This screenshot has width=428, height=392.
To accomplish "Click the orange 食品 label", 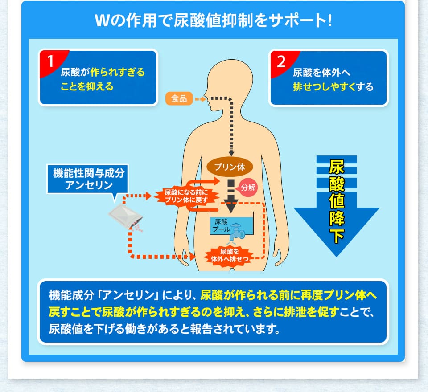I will tap(179, 98).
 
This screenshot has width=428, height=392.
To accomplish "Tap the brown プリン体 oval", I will tap(230, 167).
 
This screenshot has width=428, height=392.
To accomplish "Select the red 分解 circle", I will tap(248, 187).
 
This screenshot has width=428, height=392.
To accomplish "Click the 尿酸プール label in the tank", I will tap(221, 225).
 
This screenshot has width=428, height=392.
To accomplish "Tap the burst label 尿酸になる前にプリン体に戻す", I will tap(185, 195).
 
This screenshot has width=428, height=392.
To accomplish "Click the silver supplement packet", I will tap(126, 217).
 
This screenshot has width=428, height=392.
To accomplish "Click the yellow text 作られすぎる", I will tap(118, 72).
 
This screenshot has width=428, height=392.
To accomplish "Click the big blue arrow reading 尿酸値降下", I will tap(336, 205).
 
